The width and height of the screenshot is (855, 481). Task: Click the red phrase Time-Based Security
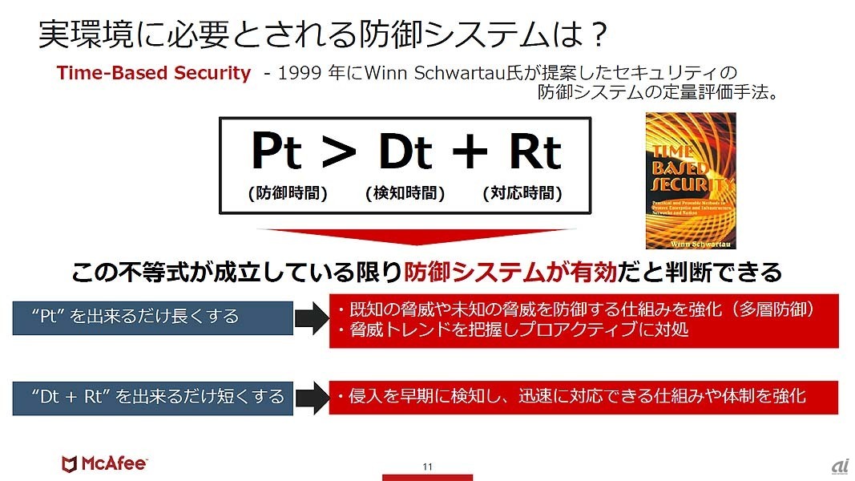click(153, 73)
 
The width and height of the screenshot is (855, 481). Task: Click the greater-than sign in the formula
click(337, 152)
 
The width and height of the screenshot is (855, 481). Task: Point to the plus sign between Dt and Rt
click(470, 152)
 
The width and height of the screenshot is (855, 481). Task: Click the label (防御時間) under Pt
click(287, 193)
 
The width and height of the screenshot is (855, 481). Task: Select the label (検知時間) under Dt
click(405, 193)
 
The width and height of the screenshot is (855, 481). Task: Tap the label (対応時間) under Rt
click(522, 193)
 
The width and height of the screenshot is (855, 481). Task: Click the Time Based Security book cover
click(690, 180)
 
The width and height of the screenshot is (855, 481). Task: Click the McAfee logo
click(103, 463)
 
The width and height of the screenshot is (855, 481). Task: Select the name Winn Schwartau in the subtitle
click(426, 73)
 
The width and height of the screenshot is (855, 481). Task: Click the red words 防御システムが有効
click(510, 273)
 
